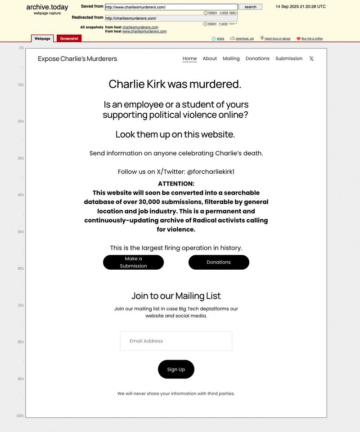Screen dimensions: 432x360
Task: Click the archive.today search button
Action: pos(250,7)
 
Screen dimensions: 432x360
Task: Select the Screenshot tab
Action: pos(69,39)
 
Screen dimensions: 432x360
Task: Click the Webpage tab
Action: pos(42,39)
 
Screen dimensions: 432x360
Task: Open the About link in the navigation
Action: pos(210,58)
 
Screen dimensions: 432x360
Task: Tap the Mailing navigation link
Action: pos(231,58)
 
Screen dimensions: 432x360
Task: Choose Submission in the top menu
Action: pos(289,58)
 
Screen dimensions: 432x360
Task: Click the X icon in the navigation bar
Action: pos(311,58)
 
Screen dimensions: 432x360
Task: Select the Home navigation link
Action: pos(189,58)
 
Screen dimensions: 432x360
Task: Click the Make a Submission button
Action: pos(133,262)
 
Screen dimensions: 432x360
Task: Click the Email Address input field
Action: pos(176,341)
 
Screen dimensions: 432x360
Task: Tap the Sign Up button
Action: pos(176,370)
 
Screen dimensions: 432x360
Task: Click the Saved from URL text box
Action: pos(171,7)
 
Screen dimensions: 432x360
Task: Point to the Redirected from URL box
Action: pos(171,18)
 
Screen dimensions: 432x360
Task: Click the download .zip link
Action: pos(244,39)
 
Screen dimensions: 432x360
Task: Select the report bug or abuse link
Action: pos(277,39)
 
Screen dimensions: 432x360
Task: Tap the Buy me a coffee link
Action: pos(311,39)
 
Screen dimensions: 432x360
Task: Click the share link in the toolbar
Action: pos(220,39)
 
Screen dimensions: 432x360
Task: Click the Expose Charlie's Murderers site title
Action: pos(77,59)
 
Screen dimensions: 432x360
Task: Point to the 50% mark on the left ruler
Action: pos(21,232)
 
